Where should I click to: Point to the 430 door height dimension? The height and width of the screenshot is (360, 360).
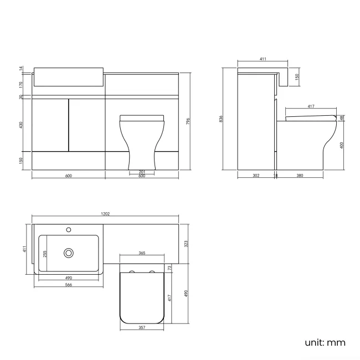click(x=21, y=125)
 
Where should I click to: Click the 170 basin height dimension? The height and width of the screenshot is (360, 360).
click(x=21, y=84)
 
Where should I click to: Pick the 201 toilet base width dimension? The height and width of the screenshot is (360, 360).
click(x=141, y=172)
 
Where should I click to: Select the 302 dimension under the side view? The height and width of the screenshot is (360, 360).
click(x=255, y=176)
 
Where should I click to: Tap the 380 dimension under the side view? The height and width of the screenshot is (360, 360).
click(x=299, y=176)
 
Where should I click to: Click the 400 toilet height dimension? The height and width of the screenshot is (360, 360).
click(x=342, y=146)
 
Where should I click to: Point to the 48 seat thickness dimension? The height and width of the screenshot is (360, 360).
click(x=342, y=117)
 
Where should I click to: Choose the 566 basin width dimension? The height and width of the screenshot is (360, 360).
click(x=68, y=285)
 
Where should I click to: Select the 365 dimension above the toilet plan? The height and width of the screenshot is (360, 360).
click(x=141, y=253)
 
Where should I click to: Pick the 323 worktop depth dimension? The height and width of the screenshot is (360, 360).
click(x=186, y=243)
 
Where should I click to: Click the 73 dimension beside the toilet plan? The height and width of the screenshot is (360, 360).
click(x=169, y=268)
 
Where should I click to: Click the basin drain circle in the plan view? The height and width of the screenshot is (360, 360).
click(x=69, y=253)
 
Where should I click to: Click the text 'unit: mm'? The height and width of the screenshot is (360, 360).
click(x=325, y=342)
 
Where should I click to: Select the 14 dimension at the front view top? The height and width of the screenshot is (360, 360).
click(x=21, y=68)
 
